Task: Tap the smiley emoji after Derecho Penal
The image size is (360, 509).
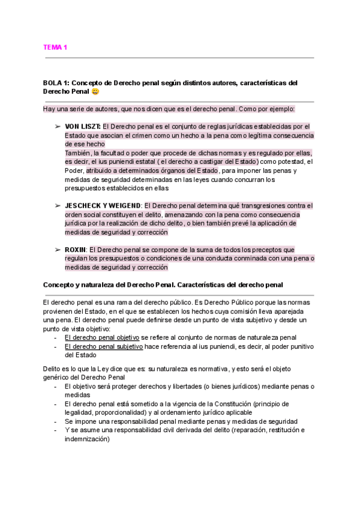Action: (96, 92)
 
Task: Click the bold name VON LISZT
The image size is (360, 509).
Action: (83, 127)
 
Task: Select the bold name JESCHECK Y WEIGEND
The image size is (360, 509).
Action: (103, 205)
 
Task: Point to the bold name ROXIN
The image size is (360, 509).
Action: (76, 250)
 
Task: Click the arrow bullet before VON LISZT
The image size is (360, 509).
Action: (58, 127)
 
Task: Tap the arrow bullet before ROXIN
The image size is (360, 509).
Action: (58, 250)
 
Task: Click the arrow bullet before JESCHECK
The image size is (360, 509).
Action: (58, 205)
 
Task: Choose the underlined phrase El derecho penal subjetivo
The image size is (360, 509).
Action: (103, 346)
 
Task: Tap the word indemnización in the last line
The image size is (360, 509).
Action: (86, 439)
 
